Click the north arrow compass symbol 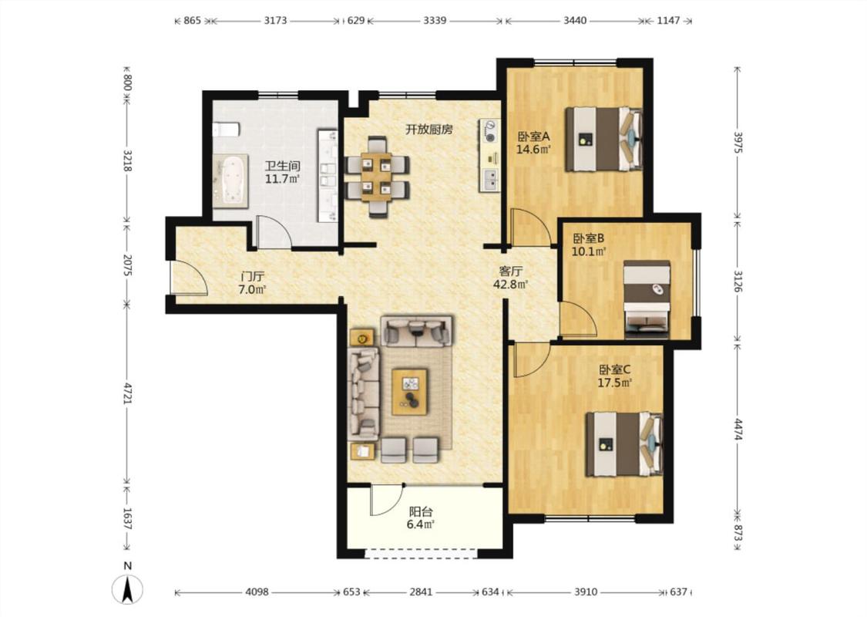(x=128, y=588)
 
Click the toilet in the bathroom (x=226, y=129)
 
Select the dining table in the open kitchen (x=378, y=175)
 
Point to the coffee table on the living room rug (x=410, y=391)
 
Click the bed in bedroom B (x=647, y=299)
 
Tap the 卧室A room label (x=533, y=137)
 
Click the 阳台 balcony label (x=421, y=512)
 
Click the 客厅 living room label (x=511, y=271)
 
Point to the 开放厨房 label (x=429, y=130)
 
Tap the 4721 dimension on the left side (x=128, y=393)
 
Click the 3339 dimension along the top (x=435, y=21)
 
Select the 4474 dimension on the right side (x=738, y=430)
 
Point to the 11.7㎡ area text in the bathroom (x=282, y=179)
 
